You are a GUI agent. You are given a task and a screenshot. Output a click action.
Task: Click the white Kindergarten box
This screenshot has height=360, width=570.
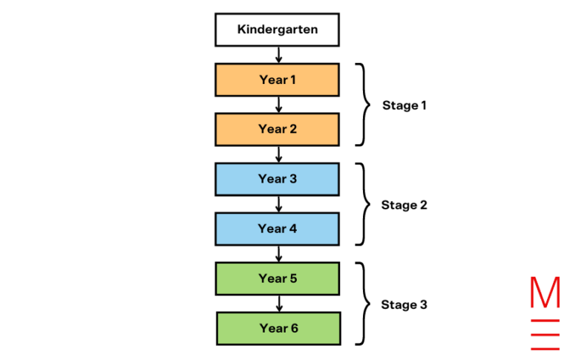pyautogui.click(x=278, y=30)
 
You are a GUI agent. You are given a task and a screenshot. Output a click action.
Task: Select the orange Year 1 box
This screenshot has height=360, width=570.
pyautogui.click(x=278, y=79)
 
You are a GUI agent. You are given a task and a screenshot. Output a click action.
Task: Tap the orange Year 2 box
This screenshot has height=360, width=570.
pyautogui.click(x=278, y=129)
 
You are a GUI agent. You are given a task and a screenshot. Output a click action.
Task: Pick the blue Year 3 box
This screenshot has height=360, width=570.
pyautogui.click(x=278, y=179)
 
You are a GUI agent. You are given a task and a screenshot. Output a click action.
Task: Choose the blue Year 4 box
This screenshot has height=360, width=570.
pyautogui.click(x=278, y=229)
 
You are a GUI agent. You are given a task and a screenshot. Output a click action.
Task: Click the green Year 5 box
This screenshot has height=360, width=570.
pyautogui.click(x=278, y=278)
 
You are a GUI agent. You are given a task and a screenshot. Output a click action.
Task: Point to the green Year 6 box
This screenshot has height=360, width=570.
pyautogui.click(x=278, y=328)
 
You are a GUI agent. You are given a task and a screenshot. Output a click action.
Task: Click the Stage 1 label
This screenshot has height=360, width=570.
pyautogui.click(x=404, y=105)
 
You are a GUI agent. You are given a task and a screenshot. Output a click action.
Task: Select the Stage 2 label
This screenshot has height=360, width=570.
pyautogui.click(x=404, y=205)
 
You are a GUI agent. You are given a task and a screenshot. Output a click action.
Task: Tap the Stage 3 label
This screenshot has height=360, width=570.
pyautogui.click(x=404, y=304)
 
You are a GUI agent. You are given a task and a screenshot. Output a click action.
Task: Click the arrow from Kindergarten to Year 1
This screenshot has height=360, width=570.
pyautogui.click(x=278, y=54)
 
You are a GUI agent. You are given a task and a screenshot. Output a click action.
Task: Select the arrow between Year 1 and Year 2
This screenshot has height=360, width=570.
pyautogui.click(x=278, y=104)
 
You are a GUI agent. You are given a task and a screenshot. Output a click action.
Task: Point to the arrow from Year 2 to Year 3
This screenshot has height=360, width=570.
pyautogui.click(x=278, y=154)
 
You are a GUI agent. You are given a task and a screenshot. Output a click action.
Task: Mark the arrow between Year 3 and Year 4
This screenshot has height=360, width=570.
pyautogui.click(x=278, y=203)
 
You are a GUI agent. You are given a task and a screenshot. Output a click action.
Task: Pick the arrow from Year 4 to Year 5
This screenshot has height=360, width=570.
pyautogui.click(x=278, y=253)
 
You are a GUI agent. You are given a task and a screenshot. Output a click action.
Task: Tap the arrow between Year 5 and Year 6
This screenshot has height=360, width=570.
pyautogui.click(x=278, y=303)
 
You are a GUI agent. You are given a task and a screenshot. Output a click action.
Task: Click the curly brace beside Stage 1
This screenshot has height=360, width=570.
pyautogui.click(x=363, y=105)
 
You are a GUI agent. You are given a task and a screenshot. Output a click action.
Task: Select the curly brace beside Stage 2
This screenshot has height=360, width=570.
pyautogui.click(x=363, y=204)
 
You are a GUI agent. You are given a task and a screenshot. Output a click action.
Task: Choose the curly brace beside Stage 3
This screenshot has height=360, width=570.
pyautogui.click(x=363, y=304)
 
